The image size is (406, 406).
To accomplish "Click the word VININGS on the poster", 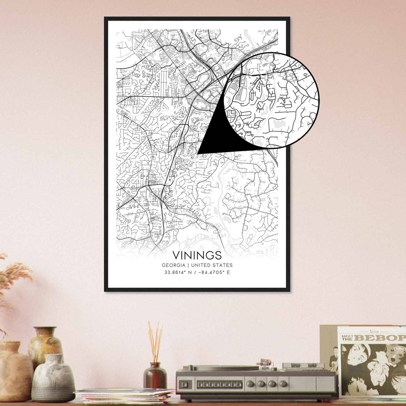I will coord(197,255).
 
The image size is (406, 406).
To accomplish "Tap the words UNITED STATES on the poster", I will coord(212,265).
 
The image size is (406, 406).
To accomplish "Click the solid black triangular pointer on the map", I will coord(216,134).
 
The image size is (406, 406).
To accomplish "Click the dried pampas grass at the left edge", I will coord(10,277).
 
